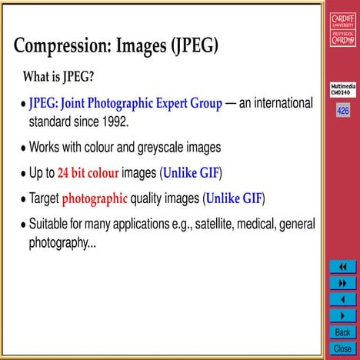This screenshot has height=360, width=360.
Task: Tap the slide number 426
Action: click(x=342, y=111)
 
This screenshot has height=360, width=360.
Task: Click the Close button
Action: click(x=342, y=348)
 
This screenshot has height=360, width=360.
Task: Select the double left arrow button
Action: click(x=342, y=267)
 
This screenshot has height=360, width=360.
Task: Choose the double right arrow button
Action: click(x=342, y=283)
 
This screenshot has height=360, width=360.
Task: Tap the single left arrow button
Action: click(x=342, y=299)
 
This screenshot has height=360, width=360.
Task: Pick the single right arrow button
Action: click(x=342, y=315)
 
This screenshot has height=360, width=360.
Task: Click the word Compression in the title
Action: click(x=63, y=45)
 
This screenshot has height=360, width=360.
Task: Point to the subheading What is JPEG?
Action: click(x=58, y=78)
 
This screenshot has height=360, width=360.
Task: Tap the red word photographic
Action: click(x=95, y=198)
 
